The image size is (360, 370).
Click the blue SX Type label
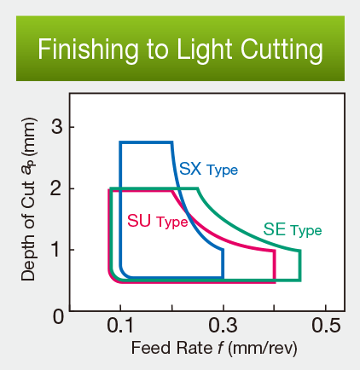tap(207, 170)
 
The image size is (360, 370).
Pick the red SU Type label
tap(157, 222)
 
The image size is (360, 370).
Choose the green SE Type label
tap(292, 229)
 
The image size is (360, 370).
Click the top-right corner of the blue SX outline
tap(171, 143)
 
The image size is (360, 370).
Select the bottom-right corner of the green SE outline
tap(299, 280)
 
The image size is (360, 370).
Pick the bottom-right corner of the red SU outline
tap(274, 281)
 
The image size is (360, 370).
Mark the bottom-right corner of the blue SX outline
tap(223, 278)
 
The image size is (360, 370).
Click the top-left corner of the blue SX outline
tap(121, 143)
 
